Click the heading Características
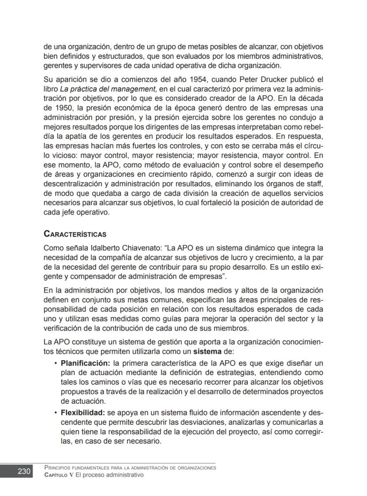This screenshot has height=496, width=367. click(75, 234)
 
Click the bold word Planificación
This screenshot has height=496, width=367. click(86, 363)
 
